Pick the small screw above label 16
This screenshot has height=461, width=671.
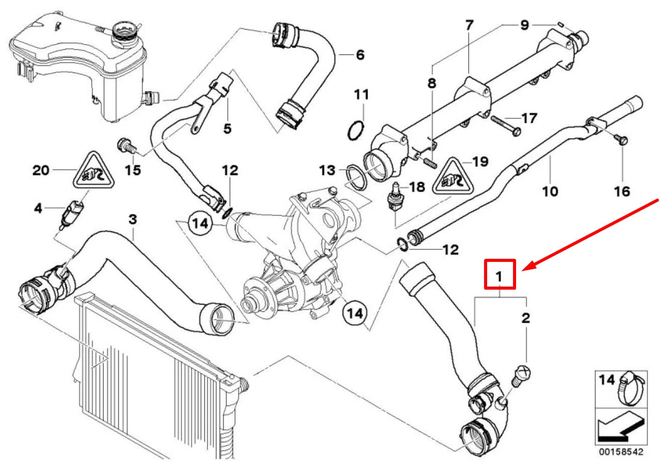click(623, 140)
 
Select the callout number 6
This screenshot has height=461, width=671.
click(360, 54)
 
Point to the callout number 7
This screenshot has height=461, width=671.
click(469, 25)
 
